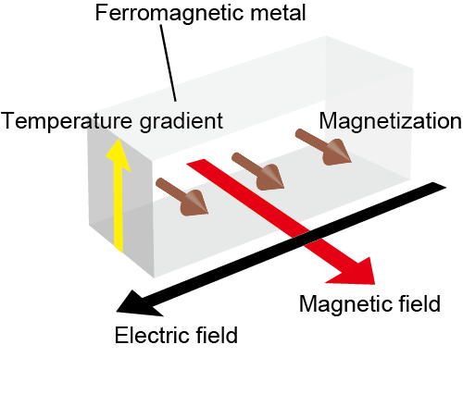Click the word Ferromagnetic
pyautogui.click(x=170, y=14)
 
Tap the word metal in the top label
pyautogui.click(x=278, y=13)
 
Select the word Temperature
pyautogui.click(x=67, y=120)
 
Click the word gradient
pyautogui.click(x=181, y=121)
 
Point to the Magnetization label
pyautogui.click(x=391, y=121)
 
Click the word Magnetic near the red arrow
pyautogui.click(x=345, y=304)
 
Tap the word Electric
pyautogui.click(x=151, y=335)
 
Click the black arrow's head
pyautogui.click(x=136, y=304)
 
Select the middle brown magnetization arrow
pyautogui.click(x=258, y=171)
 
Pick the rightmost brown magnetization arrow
pyautogui.click(x=323, y=147)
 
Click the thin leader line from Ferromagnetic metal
pyautogui.click(x=169, y=63)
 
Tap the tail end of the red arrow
pyautogui.click(x=196, y=162)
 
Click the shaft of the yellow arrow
pyautogui.click(x=119, y=210)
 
